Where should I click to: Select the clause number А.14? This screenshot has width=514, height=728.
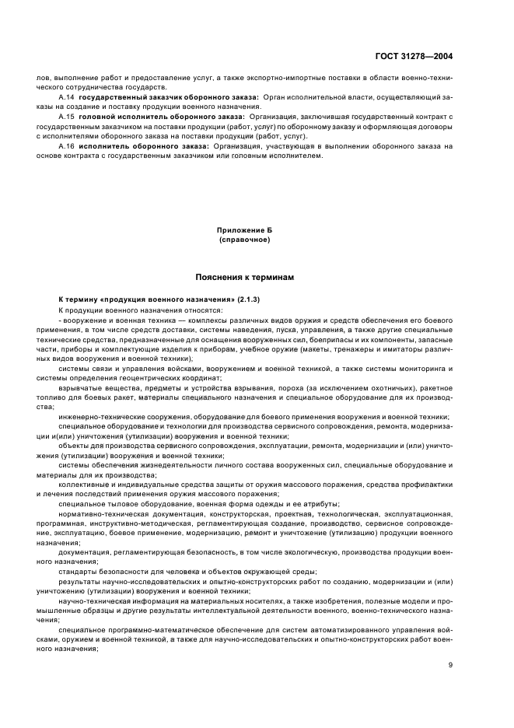click(x=66, y=97)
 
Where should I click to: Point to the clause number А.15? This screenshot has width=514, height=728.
click(x=66, y=116)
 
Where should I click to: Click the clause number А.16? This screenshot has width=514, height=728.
click(x=66, y=145)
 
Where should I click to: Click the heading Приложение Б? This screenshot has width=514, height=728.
click(x=245, y=231)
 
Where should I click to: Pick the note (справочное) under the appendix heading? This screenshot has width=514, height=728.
click(x=245, y=240)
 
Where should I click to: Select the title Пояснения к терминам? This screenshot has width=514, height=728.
click(x=245, y=277)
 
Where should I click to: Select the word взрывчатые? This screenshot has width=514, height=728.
click(x=79, y=388)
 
